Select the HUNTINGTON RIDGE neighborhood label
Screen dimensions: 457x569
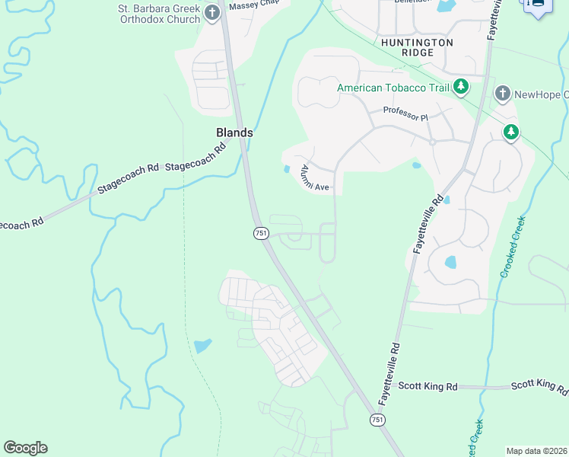[x=418, y=47]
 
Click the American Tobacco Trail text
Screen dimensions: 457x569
[x=393, y=88]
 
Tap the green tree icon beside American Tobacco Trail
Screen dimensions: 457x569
[x=460, y=88]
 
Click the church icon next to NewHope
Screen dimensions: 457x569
[x=502, y=94]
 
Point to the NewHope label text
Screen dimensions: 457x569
[x=541, y=94]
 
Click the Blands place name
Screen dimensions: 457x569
[x=233, y=133]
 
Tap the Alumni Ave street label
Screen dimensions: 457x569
[x=314, y=177]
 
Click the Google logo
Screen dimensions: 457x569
[x=25, y=448]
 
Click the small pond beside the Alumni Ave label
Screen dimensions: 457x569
[x=286, y=169]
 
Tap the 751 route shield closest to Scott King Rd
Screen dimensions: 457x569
[x=377, y=420]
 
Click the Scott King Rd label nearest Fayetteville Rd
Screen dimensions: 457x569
[x=431, y=387]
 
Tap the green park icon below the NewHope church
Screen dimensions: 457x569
[x=512, y=133]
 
